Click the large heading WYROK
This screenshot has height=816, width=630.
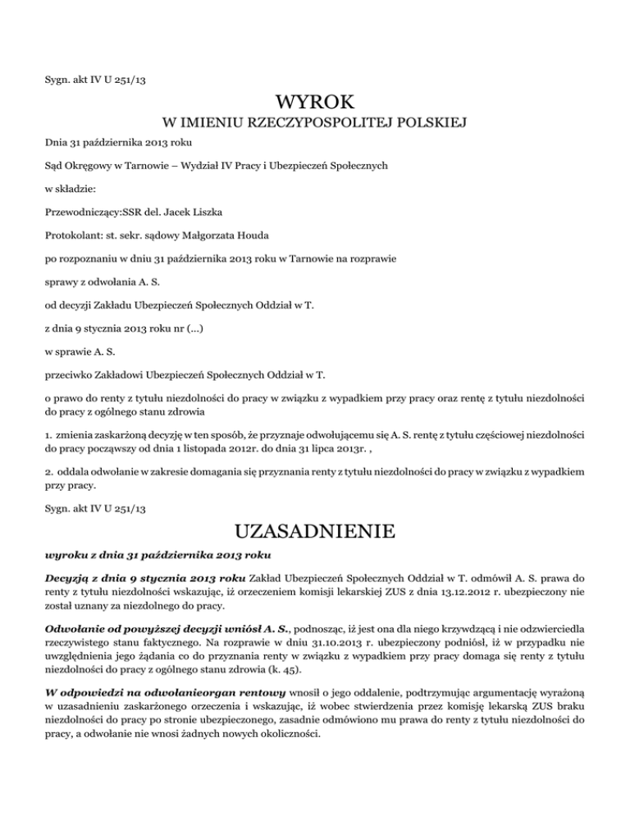tap(315, 103)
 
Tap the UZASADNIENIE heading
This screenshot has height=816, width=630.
tap(315, 534)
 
